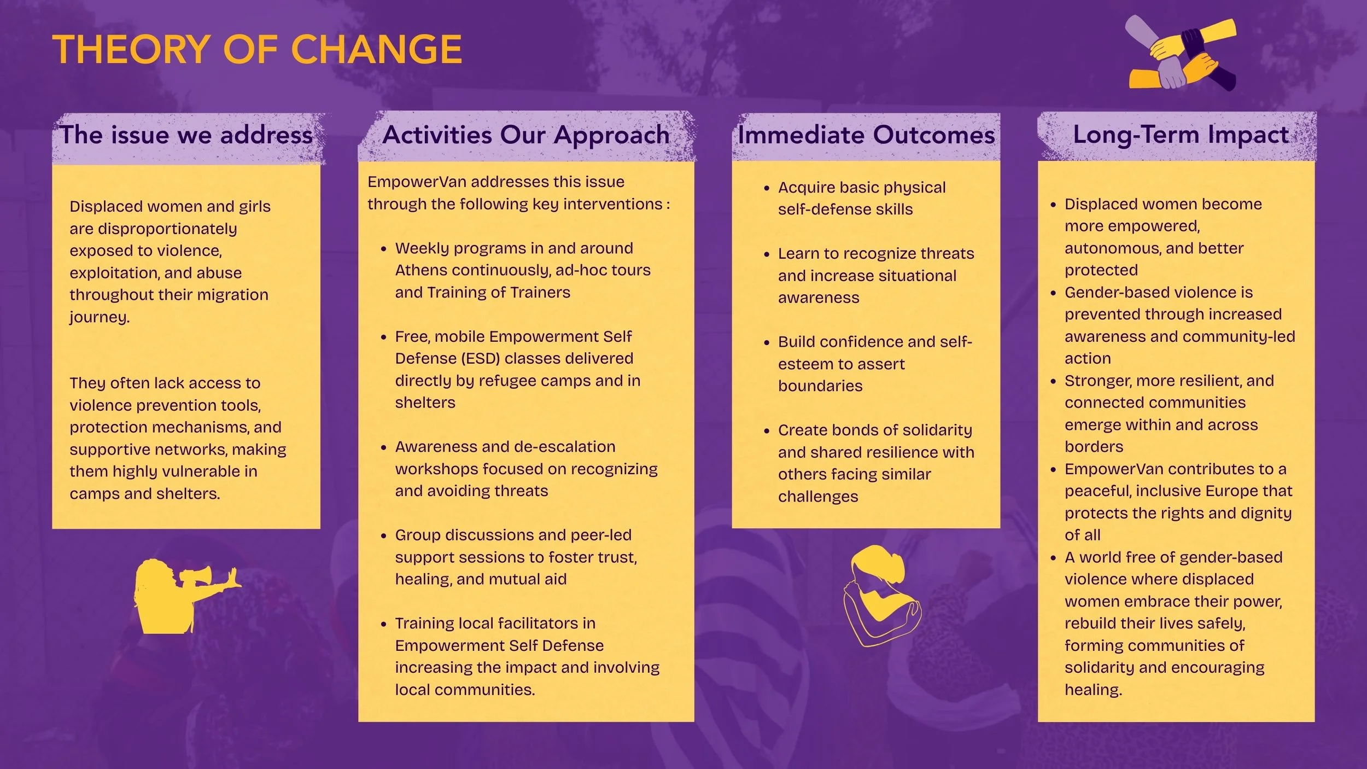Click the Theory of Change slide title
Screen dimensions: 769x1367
[x=257, y=49]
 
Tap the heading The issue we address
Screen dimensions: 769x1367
[x=186, y=135]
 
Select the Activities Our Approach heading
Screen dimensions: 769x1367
[x=525, y=135]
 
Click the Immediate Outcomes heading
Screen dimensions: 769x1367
[x=866, y=135]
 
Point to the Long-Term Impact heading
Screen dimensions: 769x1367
[x=1181, y=135]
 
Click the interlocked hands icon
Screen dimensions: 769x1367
[x=1181, y=54]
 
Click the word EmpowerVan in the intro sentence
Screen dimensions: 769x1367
[x=417, y=182]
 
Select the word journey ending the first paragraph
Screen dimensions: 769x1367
[x=99, y=317]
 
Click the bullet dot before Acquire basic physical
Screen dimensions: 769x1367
[x=767, y=188]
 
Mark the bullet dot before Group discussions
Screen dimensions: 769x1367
[x=383, y=536]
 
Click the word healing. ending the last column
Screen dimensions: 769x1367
[x=1093, y=690]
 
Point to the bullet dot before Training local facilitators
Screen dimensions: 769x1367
[x=383, y=624]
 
